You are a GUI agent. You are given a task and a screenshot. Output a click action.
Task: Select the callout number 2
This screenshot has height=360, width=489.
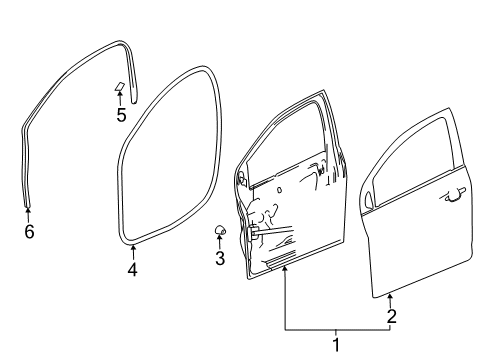pos(391,317)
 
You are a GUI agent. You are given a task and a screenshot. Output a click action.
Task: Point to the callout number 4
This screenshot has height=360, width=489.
pos(132,270)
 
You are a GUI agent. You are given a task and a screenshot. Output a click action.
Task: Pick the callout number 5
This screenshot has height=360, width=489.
pos(120,115)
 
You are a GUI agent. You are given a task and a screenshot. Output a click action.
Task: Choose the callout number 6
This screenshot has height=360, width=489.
pos(28,232)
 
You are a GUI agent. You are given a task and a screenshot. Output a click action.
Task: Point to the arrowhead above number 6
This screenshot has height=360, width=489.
pos(28,210)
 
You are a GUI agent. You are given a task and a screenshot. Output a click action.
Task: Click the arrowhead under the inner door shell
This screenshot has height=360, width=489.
pos(286,277)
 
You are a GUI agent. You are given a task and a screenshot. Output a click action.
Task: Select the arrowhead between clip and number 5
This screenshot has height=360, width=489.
pos(120,97)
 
